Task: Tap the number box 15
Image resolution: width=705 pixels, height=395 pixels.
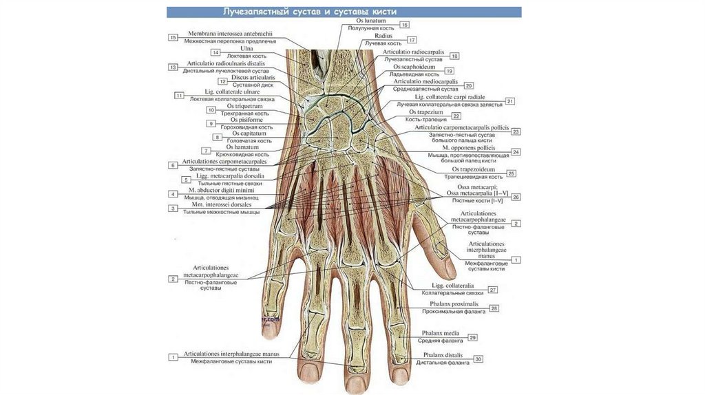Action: [x=173, y=37]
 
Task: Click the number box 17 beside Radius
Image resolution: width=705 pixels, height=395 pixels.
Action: [x=412, y=41]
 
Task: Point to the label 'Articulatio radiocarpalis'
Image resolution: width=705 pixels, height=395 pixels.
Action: [x=413, y=53]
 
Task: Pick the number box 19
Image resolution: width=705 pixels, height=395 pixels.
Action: [x=449, y=71]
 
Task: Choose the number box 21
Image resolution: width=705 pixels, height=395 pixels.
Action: [x=510, y=101]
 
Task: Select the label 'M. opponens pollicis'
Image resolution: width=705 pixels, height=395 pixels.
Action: [x=469, y=147]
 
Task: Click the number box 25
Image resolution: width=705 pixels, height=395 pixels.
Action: [x=511, y=173]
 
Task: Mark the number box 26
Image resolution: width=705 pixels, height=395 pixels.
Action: [x=516, y=197]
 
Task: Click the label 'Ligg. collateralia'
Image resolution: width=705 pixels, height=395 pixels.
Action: [x=452, y=286]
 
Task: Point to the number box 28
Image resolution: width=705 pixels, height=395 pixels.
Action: [x=494, y=309]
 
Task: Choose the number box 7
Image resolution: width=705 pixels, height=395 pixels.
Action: [x=206, y=150]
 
